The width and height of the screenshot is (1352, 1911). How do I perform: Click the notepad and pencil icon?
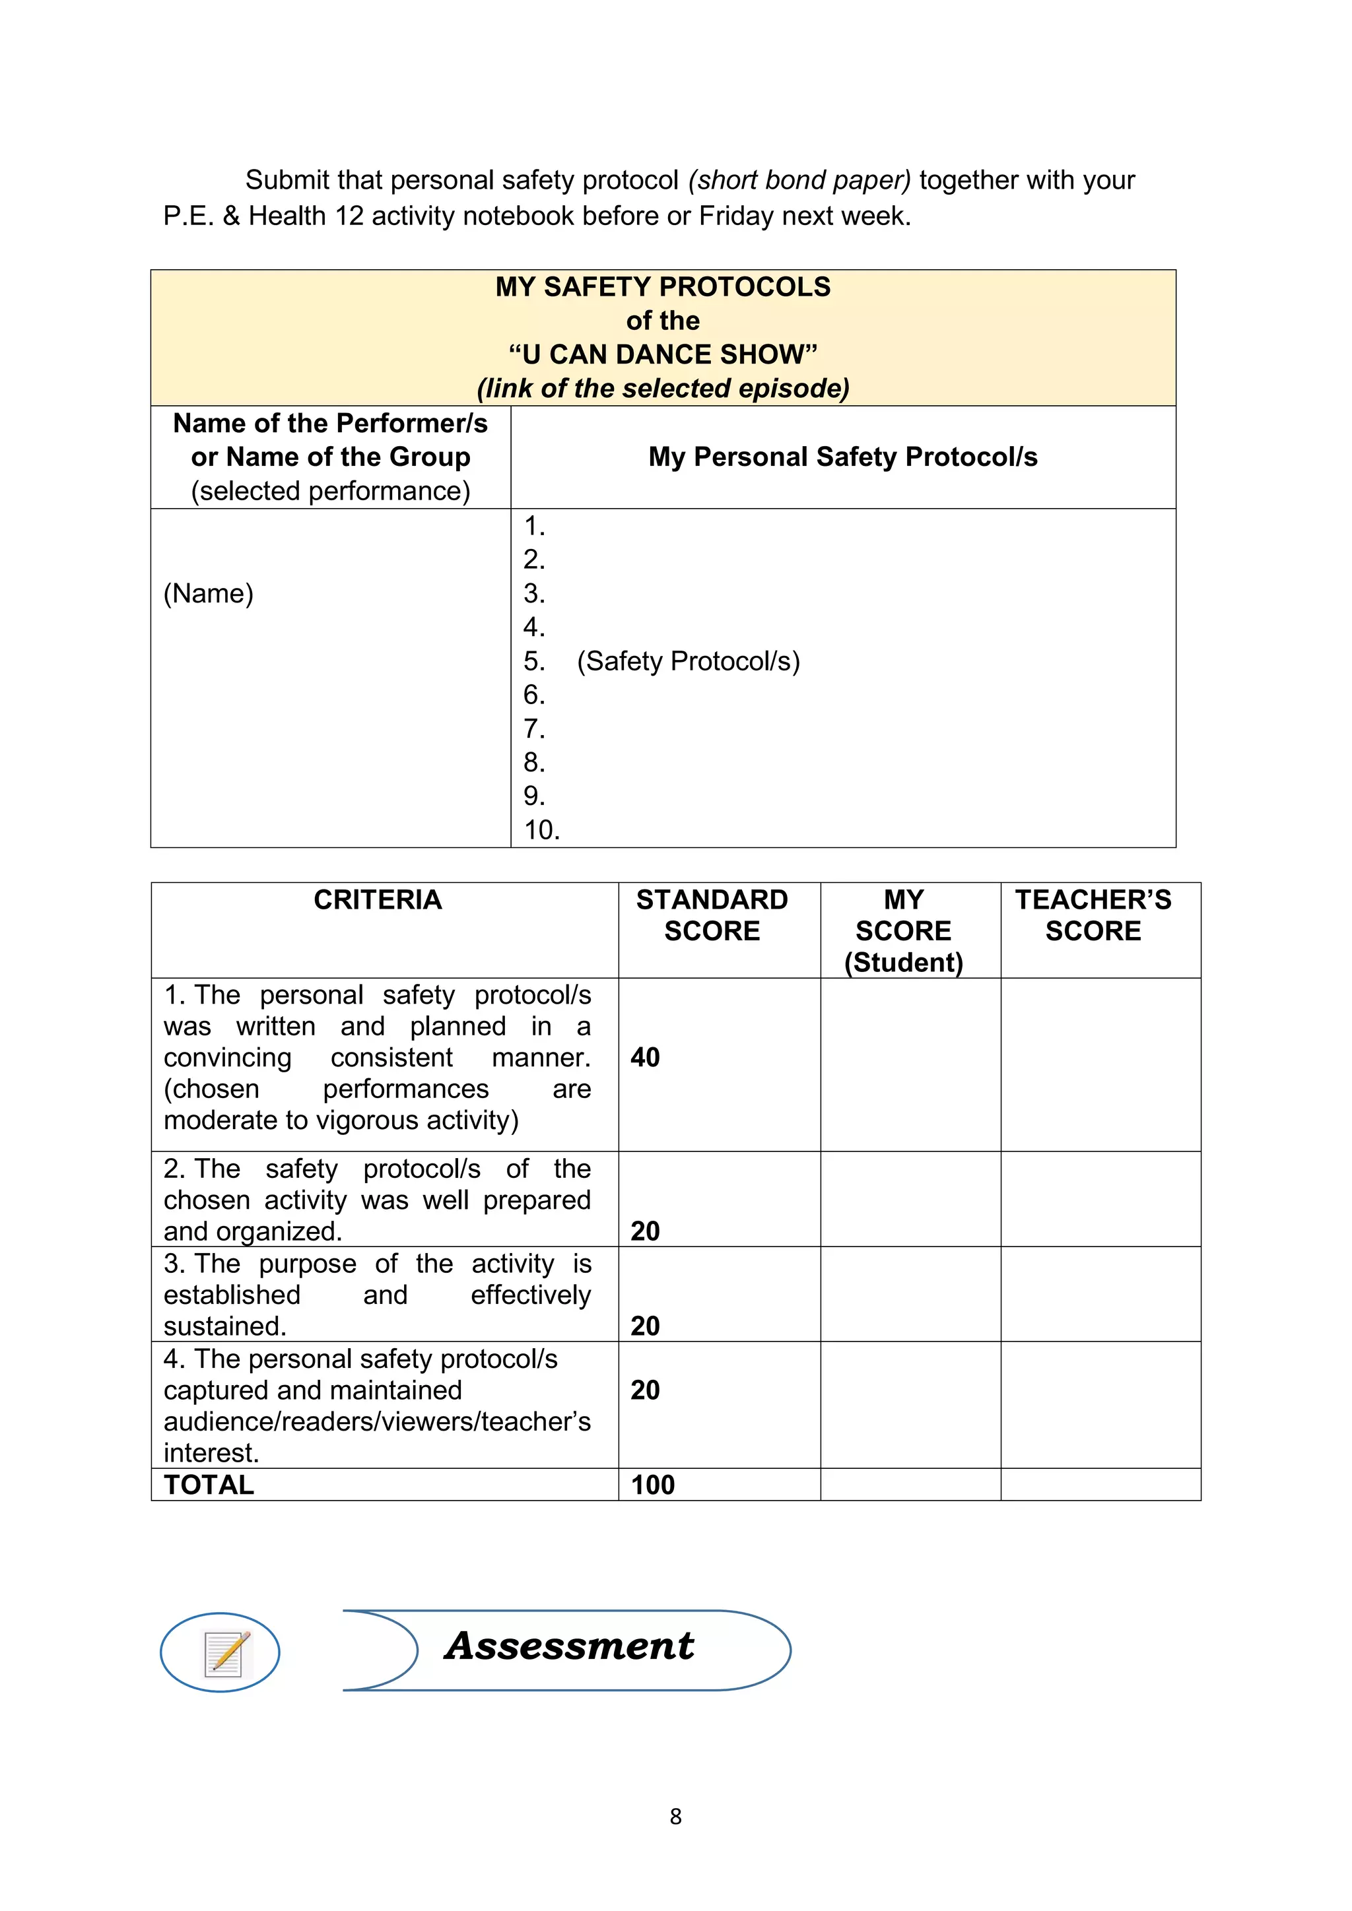(x=226, y=1653)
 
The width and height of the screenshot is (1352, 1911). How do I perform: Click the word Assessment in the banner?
(x=570, y=1646)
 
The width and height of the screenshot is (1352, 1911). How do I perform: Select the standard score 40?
(x=645, y=1057)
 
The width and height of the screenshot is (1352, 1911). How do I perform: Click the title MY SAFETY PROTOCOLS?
(x=663, y=287)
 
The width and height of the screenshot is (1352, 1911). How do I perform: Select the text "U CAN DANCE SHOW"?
(x=663, y=354)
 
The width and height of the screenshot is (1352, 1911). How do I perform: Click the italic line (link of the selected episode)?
(x=663, y=389)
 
